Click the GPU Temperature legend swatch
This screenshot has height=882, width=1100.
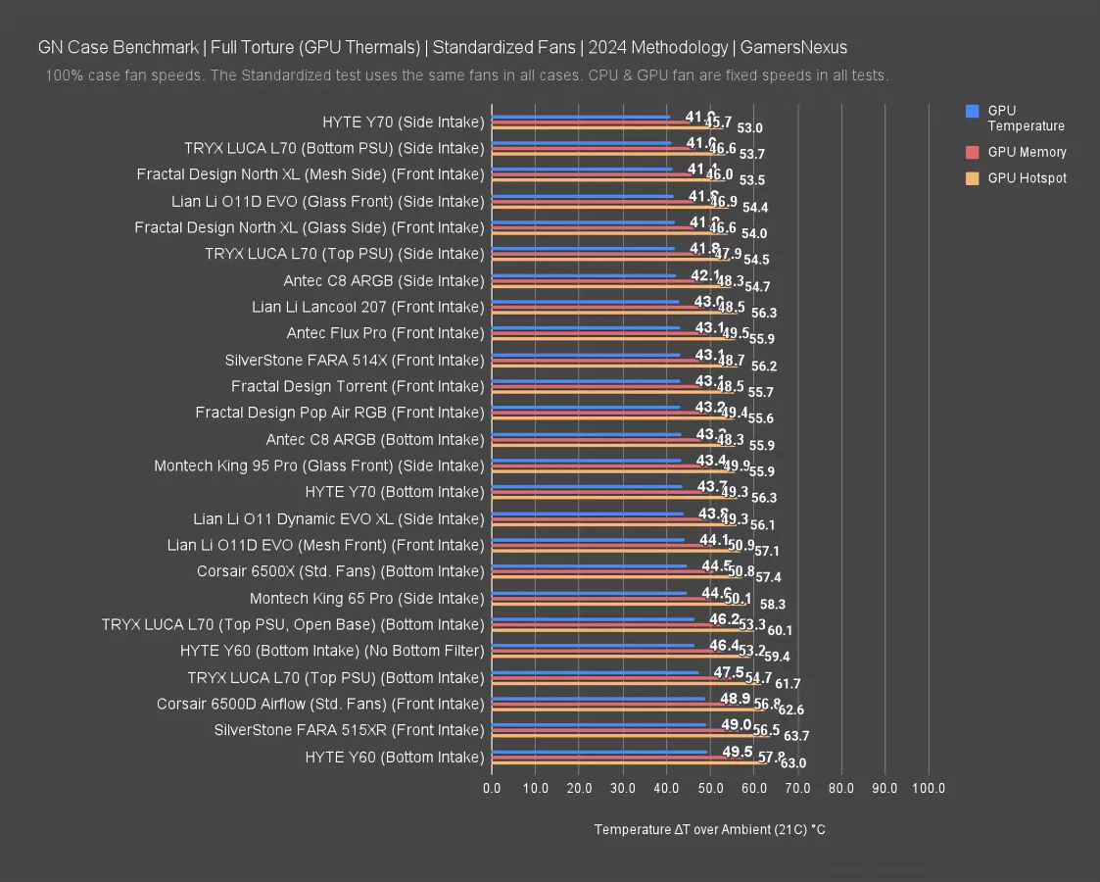(x=972, y=111)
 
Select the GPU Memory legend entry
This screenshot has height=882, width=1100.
(x=1027, y=152)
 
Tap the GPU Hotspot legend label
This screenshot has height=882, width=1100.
(x=1027, y=178)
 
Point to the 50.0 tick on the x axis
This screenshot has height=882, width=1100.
(x=710, y=788)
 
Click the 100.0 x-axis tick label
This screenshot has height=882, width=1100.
(x=929, y=788)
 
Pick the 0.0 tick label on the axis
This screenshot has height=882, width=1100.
(x=492, y=788)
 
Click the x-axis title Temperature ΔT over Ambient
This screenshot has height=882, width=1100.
(x=709, y=829)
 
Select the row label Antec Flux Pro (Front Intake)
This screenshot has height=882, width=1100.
(x=385, y=333)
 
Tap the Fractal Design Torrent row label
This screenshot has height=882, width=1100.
(x=358, y=386)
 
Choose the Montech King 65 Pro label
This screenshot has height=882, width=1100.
(x=366, y=598)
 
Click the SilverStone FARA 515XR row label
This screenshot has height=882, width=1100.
(x=349, y=730)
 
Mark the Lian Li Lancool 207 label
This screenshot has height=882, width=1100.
(x=367, y=307)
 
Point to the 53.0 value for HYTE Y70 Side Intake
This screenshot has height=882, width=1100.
(x=750, y=128)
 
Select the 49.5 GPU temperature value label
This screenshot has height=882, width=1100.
(x=738, y=752)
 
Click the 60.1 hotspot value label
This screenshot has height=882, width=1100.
(x=780, y=630)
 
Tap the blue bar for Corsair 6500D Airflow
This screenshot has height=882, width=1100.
(x=598, y=699)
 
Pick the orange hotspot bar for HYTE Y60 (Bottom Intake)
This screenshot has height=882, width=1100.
(x=627, y=762)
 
